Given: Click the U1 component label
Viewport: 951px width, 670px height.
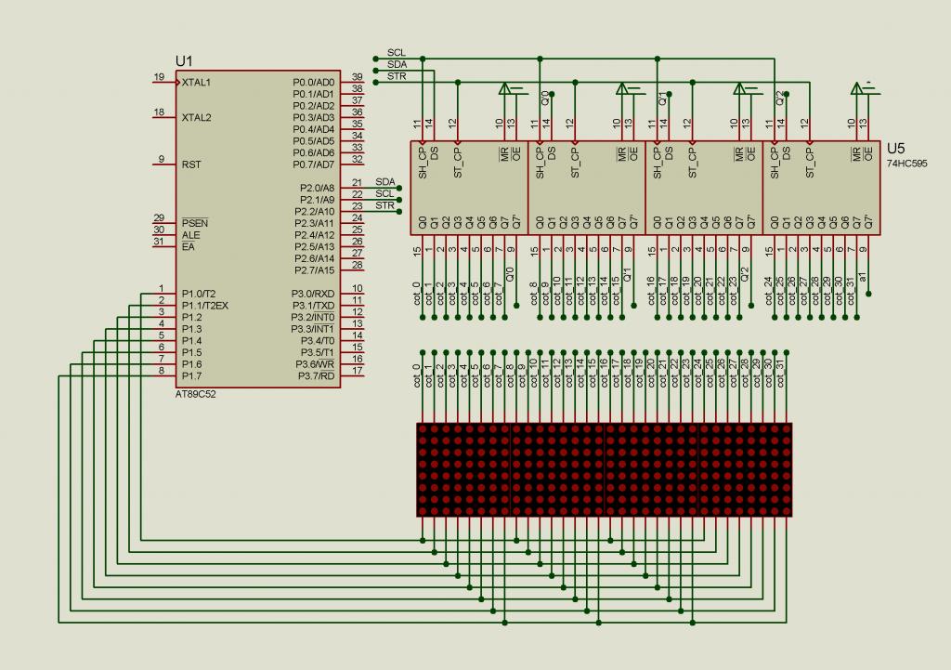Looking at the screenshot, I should click(184, 59).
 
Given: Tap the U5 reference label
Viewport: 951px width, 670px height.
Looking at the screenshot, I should click(895, 148).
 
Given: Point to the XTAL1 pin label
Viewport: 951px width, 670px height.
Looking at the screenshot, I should click(197, 82).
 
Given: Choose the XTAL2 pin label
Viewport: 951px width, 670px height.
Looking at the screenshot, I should click(197, 118).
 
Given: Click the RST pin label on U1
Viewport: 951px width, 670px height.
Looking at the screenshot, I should click(191, 164).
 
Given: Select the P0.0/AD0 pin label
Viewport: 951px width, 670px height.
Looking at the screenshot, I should click(313, 83).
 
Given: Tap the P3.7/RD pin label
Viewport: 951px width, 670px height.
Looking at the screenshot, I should click(316, 375).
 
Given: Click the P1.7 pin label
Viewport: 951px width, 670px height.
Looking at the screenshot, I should click(191, 375).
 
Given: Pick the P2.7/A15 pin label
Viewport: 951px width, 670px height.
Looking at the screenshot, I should click(313, 270).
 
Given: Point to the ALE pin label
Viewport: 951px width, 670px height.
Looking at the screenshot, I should click(190, 235).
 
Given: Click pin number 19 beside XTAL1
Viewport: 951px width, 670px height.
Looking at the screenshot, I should click(159, 77).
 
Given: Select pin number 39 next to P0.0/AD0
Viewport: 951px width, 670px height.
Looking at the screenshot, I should click(357, 77).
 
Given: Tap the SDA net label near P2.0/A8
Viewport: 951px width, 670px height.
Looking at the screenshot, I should click(384, 182).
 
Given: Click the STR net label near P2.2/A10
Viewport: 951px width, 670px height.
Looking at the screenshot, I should click(384, 205).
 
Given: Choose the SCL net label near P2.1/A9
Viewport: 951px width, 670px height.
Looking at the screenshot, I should click(384, 193).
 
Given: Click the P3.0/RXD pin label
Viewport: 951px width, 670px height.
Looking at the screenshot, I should click(314, 294).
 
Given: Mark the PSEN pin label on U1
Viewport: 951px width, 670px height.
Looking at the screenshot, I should click(195, 224).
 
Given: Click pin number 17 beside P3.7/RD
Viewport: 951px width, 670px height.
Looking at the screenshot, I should click(357, 371).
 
